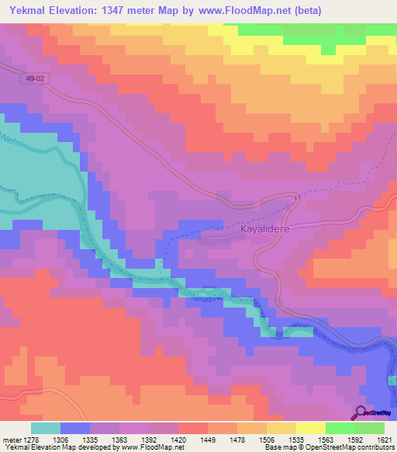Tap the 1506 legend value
coord(268,439)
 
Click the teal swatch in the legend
coord(45,428)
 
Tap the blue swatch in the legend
coord(74,428)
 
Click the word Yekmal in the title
coord(27,11)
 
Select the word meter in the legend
coord(12,439)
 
